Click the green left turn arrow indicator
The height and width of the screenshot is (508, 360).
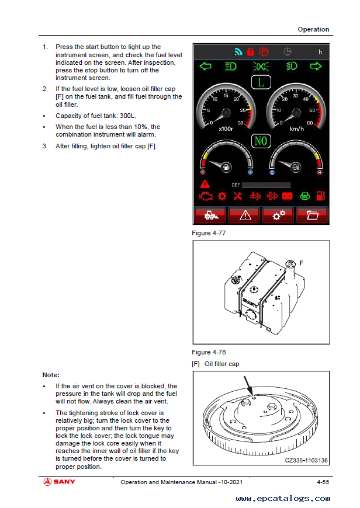[205, 66]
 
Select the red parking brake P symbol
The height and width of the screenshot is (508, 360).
[264, 51]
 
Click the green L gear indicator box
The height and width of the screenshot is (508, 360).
[261, 82]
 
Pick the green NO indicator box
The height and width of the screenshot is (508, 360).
[261, 141]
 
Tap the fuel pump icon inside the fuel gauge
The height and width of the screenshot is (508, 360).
[226, 166]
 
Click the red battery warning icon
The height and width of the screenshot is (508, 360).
[287, 196]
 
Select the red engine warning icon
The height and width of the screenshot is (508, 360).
[205, 196]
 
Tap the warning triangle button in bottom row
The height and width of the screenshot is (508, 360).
[245, 215]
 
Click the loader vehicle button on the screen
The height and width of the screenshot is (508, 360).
[211, 215]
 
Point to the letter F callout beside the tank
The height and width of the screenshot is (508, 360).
[302, 263]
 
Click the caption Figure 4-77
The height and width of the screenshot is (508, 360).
[209, 234]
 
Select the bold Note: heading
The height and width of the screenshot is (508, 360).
[51, 375]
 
